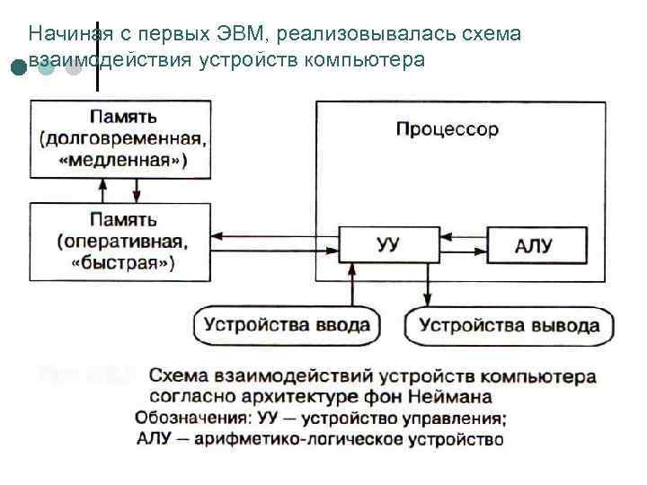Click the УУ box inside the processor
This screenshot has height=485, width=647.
coord(389,243)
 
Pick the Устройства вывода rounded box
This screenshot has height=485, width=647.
coord(509,324)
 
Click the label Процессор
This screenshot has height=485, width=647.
coord(447,129)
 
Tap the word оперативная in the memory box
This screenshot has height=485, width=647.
coord(126,240)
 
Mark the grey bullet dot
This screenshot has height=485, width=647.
coord(74,67)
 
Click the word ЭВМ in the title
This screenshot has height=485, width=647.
coord(241,34)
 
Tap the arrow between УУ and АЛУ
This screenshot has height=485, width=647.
coord(464,243)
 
